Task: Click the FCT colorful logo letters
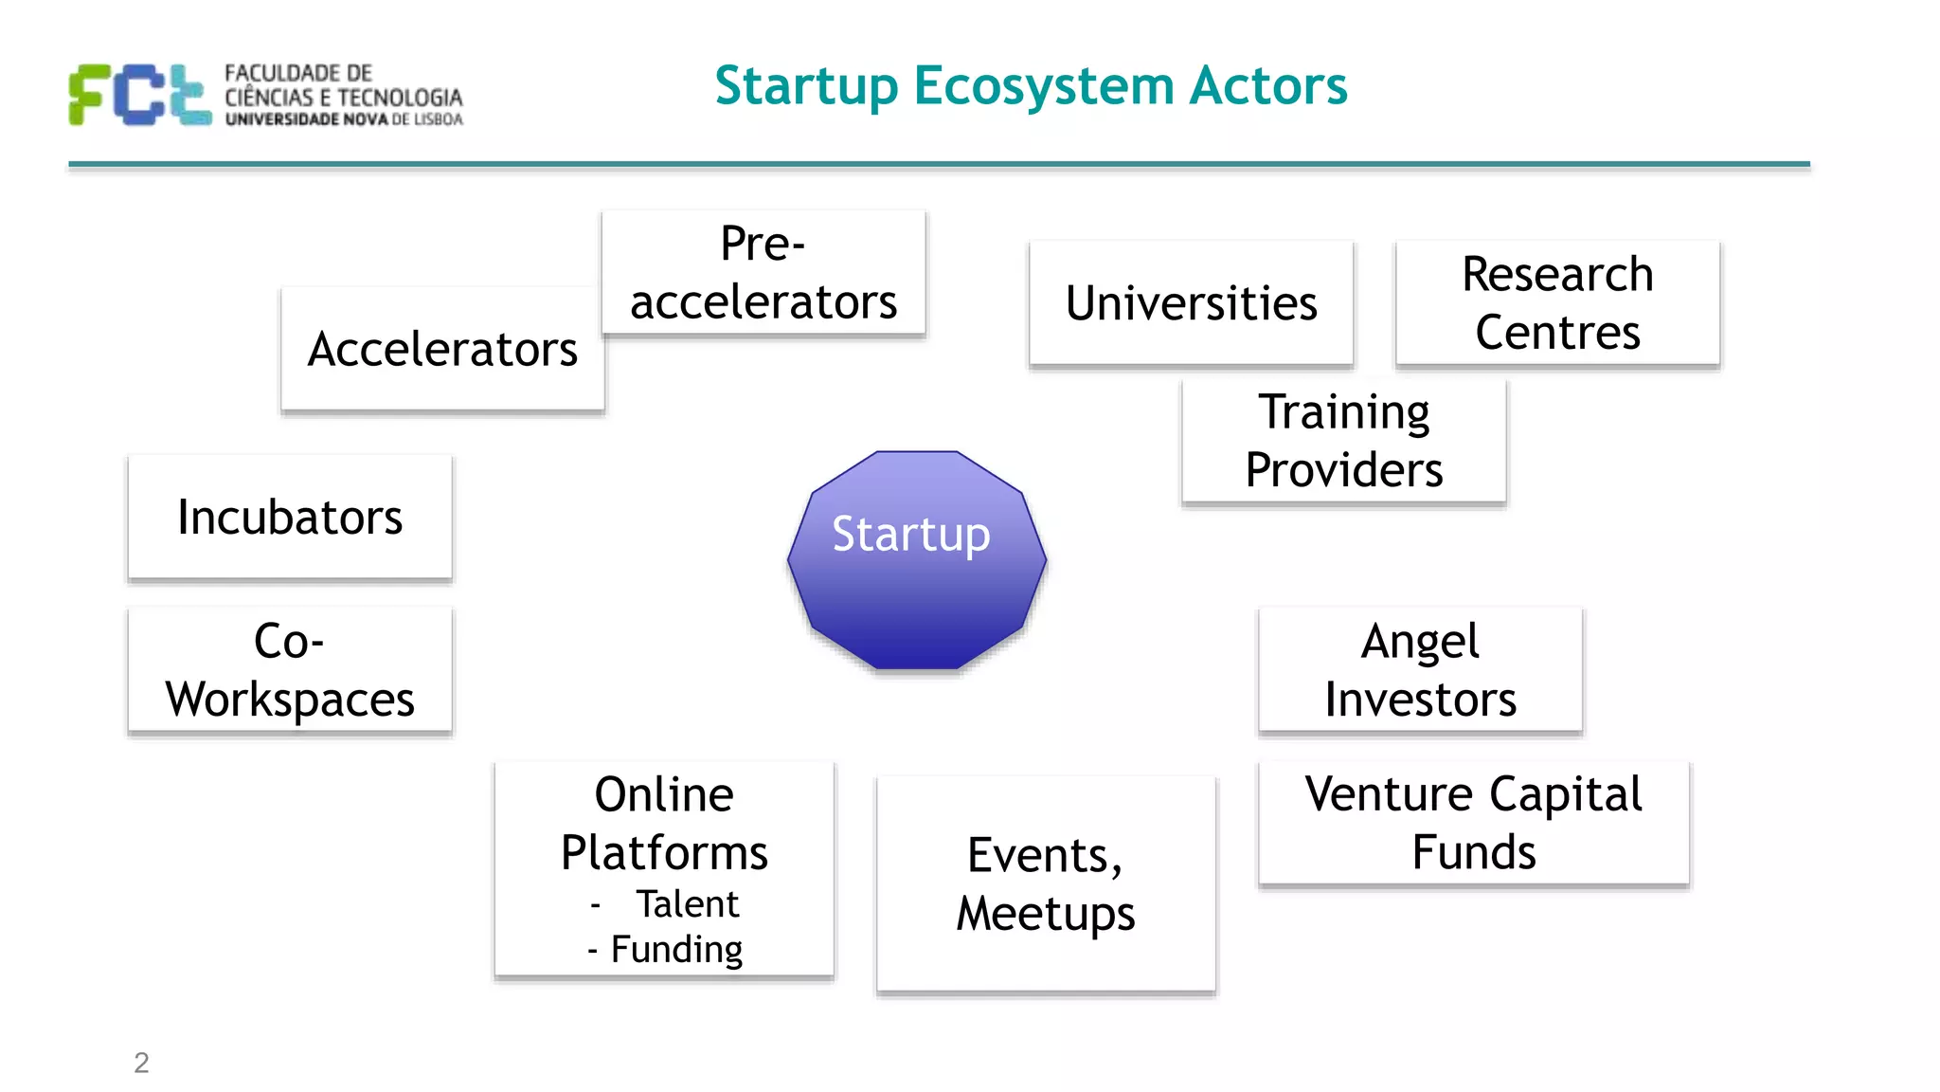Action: click(x=140, y=95)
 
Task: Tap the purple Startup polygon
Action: click(x=916, y=559)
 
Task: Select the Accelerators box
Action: click(x=442, y=349)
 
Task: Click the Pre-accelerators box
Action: click(x=763, y=273)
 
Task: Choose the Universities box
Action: click(x=1191, y=303)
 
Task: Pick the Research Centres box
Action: click(x=1557, y=303)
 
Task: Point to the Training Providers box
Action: click(x=1343, y=441)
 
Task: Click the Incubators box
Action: click(x=290, y=518)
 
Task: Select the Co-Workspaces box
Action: click(x=290, y=670)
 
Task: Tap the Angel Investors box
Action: click(x=1420, y=670)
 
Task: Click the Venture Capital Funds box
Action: click(x=1473, y=823)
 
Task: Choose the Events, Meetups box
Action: click(x=1046, y=883)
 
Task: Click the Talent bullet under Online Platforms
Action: click(x=686, y=904)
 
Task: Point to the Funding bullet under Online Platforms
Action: click(x=675, y=949)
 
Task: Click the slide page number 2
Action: click(x=141, y=1063)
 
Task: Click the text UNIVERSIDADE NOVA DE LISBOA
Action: click(x=344, y=119)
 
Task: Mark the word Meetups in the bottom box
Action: click(x=1046, y=914)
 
